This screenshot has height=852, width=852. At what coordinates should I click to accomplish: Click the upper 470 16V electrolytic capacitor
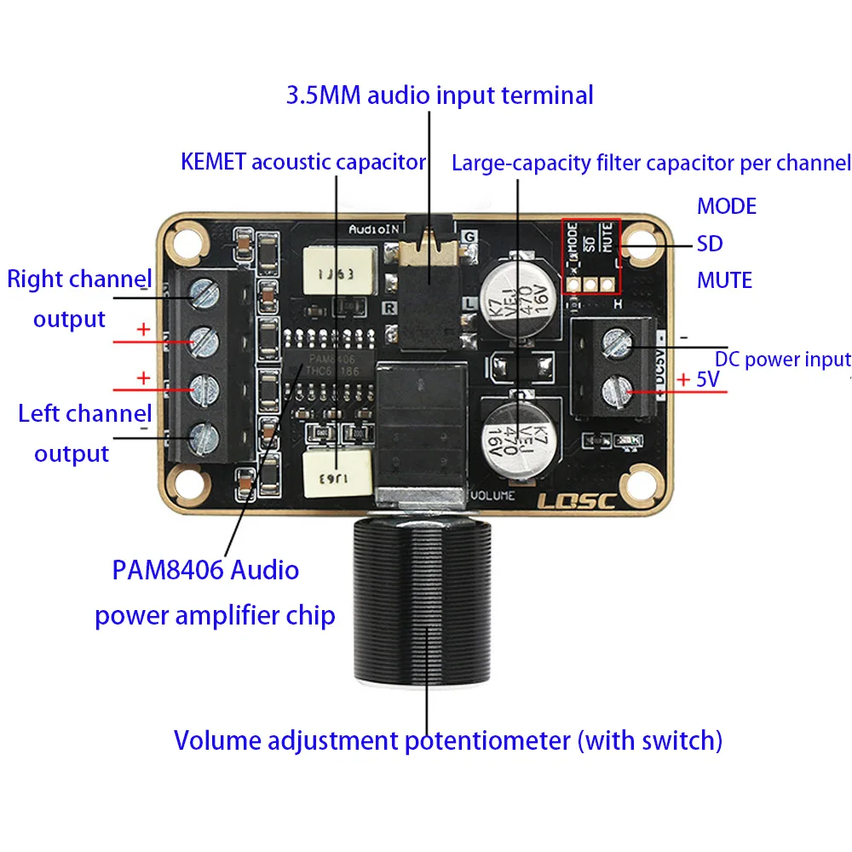(520, 290)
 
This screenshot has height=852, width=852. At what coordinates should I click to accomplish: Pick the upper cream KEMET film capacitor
(337, 272)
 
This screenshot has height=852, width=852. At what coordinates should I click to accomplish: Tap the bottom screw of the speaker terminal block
(204, 437)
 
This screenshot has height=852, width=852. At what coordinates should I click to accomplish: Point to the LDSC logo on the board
(576, 501)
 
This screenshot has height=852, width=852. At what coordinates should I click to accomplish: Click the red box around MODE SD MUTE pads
(590, 255)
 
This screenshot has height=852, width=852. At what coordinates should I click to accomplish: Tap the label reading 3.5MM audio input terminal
(439, 95)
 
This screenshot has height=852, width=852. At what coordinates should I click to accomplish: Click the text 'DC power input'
(782, 360)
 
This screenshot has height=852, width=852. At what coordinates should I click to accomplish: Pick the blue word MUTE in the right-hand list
(724, 280)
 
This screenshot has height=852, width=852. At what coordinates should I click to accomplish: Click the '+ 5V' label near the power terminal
(698, 379)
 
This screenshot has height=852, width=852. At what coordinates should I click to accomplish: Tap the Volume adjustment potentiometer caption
(448, 740)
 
